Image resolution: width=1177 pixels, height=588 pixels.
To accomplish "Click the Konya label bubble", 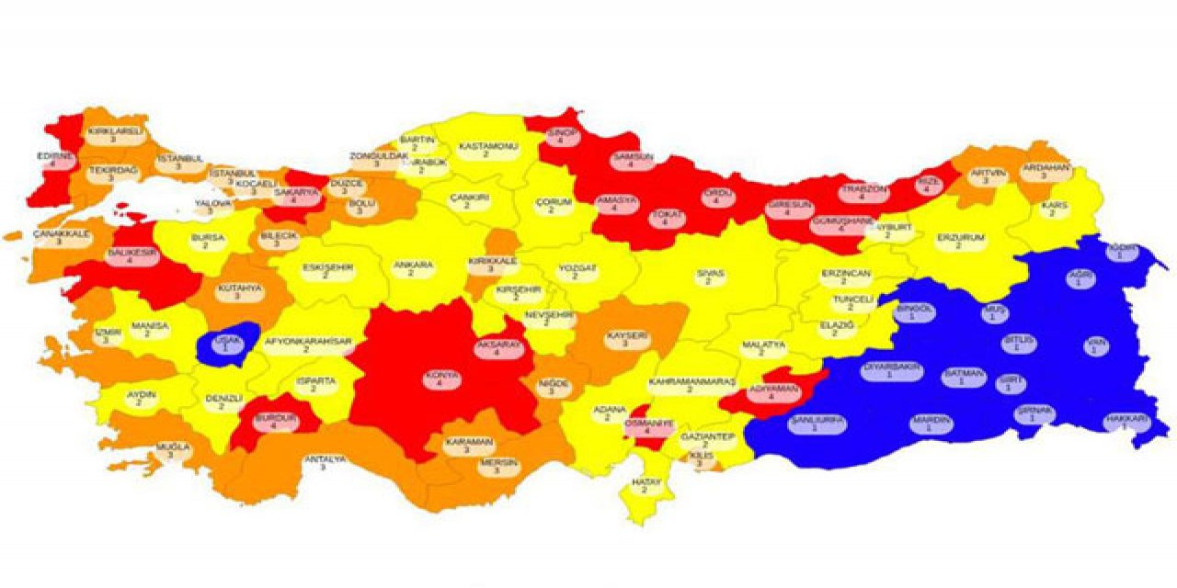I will click(439, 379).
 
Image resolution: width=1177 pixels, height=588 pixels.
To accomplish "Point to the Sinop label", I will click(561, 136).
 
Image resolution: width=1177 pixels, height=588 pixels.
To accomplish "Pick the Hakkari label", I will click(1126, 423).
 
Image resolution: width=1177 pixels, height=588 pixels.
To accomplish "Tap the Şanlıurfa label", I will click(817, 423).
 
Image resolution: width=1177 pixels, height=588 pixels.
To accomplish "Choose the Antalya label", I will click(324, 462).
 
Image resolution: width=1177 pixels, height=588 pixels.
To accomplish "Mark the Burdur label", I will click(258, 422).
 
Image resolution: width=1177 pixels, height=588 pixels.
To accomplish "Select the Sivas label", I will click(708, 277).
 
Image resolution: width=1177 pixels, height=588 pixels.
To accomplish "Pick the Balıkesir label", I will click(124, 255).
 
